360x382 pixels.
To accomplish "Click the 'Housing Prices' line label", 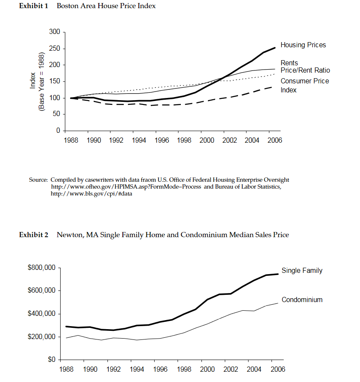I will point(303,45).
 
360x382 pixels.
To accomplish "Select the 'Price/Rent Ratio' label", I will point(305,70).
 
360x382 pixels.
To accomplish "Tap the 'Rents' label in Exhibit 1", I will point(289,63).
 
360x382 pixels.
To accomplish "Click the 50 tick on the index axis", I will point(55,114).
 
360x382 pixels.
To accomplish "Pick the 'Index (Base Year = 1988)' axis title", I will point(37,82).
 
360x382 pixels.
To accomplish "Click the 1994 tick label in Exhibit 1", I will point(139,140).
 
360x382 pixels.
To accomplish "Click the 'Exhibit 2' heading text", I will point(34,235).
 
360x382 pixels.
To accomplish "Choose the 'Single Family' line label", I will point(302,271).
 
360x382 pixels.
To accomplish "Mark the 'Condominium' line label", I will point(302,300).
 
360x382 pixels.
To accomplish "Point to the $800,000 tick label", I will point(42,268).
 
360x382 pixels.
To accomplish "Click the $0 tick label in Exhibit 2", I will point(51,360).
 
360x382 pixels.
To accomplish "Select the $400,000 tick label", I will point(42,314).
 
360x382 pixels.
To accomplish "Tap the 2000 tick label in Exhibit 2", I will point(207,370).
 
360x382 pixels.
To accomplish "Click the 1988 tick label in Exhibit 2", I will point(66,370).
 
